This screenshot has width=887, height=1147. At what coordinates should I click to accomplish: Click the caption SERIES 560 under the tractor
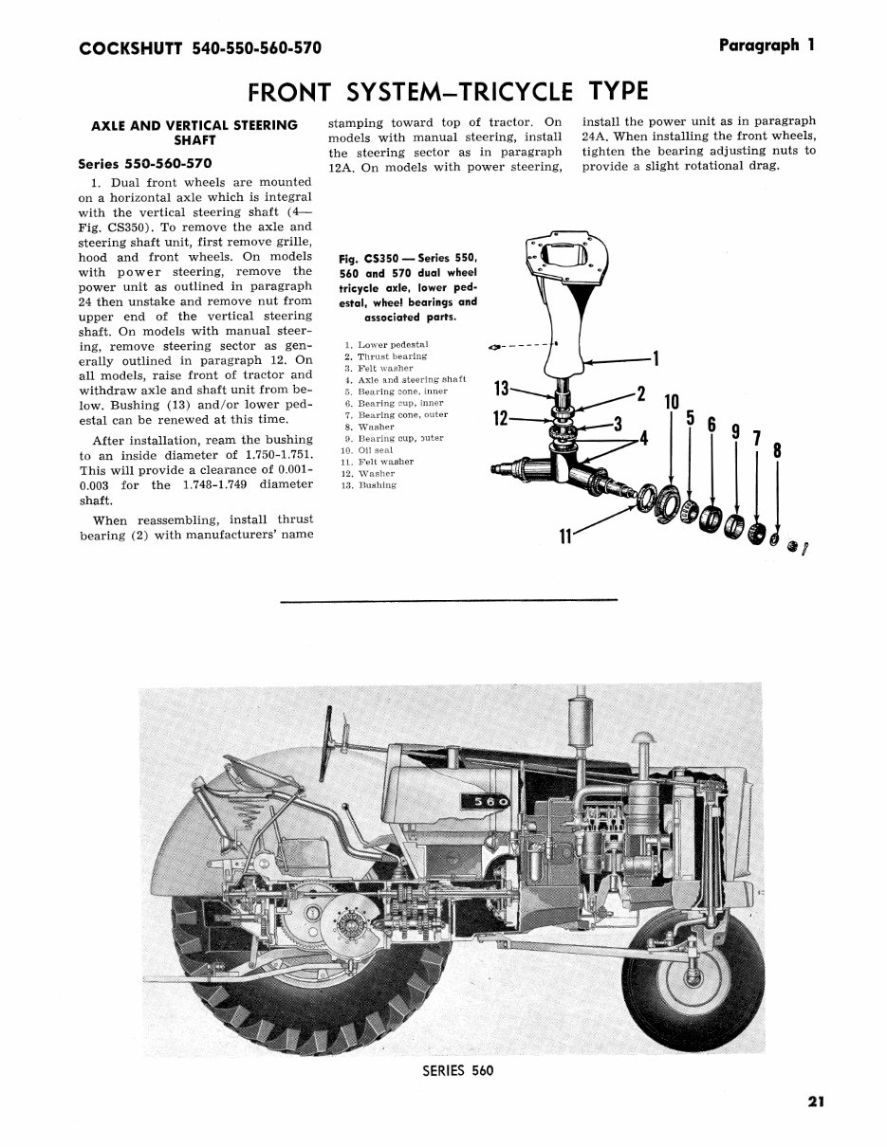pyautogui.click(x=458, y=1070)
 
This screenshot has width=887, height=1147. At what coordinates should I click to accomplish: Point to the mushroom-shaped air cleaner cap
pyautogui.click(x=644, y=735)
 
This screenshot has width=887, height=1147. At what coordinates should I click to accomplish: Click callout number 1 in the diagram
pyautogui.click(x=655, y=359)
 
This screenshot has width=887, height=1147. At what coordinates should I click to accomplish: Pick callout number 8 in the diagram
pyautogui.click(x=778, y=452)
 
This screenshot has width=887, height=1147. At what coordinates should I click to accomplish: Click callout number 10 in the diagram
pyautogui.click(x=672, y=402)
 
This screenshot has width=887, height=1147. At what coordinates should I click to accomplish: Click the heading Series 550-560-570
pyautogui.click(x=145, y=163)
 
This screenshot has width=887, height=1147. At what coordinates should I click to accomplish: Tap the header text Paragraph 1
pyautogui.click(x=767, y=45)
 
